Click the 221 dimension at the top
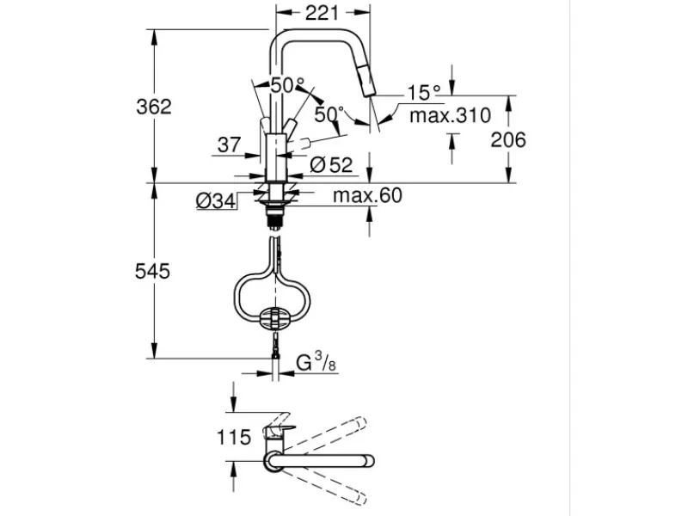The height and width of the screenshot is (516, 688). [x=322, y=13]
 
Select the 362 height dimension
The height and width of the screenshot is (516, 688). [x=154, y=107]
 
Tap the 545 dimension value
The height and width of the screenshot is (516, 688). [x=152, y=271]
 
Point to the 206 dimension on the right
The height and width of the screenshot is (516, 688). [x=508, y=140]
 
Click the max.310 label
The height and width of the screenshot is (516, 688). [x=450, y=115]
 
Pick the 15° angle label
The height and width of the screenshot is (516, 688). [x=424, y=93]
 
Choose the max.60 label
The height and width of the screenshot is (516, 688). [x=367, y=195]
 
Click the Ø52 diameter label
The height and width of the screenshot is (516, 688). [x=331, y=165]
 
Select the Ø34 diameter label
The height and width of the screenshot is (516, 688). [x=216, y=201]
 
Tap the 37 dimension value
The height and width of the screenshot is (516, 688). [x=229, y=144]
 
